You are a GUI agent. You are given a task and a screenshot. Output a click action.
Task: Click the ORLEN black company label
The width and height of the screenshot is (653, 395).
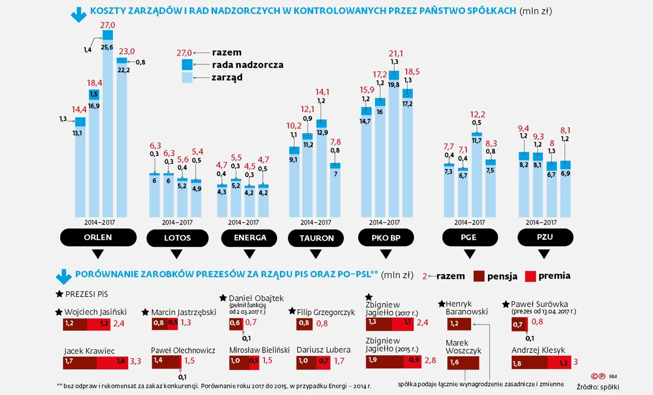98,237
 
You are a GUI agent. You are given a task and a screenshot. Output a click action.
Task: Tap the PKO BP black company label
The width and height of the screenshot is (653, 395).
386,238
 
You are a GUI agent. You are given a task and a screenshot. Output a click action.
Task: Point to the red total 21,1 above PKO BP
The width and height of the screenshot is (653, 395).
394,53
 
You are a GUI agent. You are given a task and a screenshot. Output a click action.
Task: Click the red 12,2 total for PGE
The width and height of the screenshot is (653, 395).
477,114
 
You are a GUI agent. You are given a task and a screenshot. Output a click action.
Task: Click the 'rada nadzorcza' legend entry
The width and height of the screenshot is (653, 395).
247,65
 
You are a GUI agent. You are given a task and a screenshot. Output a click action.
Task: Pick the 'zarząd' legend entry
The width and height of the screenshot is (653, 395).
227,78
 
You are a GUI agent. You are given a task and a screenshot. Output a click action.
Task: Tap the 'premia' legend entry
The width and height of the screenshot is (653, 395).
554,275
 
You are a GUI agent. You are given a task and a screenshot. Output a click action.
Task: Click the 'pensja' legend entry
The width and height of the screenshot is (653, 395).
502,276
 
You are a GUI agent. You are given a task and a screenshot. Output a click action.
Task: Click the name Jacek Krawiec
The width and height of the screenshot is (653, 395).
90,351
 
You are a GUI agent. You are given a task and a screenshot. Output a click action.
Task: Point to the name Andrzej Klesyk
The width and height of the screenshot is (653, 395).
538,350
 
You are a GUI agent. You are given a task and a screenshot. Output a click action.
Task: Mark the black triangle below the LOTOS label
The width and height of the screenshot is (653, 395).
176,254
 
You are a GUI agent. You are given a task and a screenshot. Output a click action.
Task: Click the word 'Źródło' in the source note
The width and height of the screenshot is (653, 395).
587,386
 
